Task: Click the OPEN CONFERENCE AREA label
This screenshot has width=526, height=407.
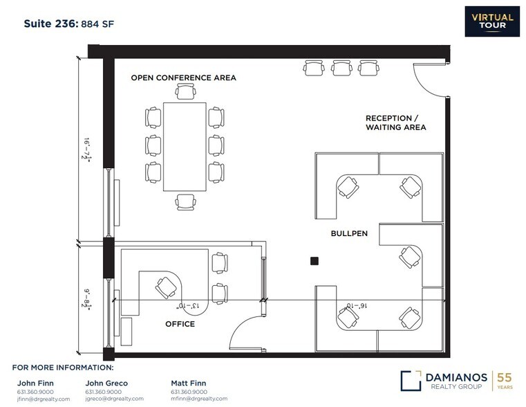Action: [183, 78]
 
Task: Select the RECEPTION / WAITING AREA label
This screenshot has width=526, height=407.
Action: [395, 123]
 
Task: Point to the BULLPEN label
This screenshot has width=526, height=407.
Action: [348, 234]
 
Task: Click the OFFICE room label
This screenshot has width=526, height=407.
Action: [180, 324]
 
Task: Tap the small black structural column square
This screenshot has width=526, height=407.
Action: [314, 260]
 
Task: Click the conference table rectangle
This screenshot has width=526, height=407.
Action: [185, 147]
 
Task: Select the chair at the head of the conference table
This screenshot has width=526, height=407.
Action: [185, 92]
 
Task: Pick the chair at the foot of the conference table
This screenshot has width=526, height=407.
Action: [185, 201]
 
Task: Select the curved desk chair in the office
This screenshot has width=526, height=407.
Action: [167, 286]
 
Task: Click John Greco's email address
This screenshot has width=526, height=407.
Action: [114, 399]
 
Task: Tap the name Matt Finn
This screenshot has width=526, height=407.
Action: [188, 383]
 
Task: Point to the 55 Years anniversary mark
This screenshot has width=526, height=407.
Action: [506, 381]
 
